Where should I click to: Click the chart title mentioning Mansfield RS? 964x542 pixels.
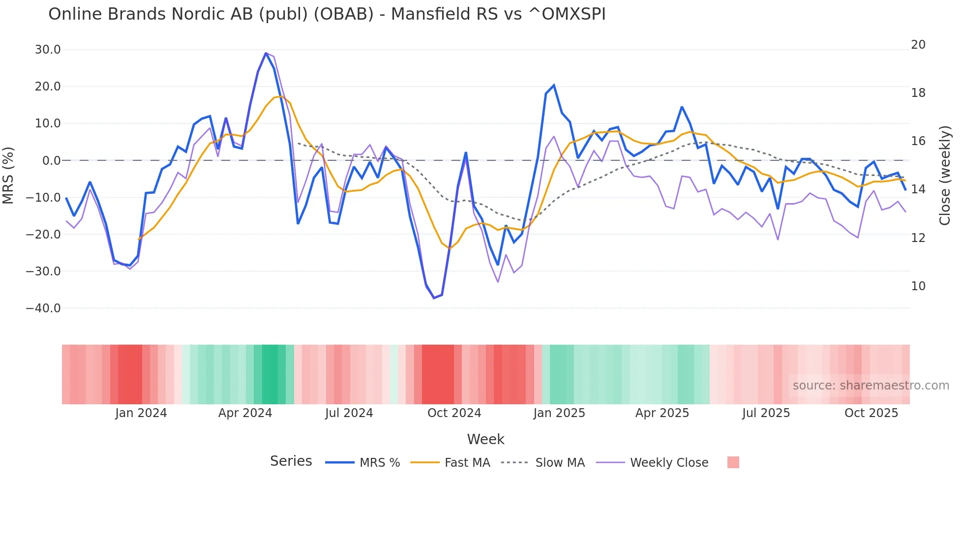click(x=327, y=14)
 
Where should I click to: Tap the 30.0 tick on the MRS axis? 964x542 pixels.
click(x=48, y=50)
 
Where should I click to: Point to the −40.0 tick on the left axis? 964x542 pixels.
click(x=43, y=308)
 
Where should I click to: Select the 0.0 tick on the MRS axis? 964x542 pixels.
click(x=51, y=161)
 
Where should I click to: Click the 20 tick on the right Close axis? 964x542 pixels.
click(x=918, y=45)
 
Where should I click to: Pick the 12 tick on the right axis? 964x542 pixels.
click(x=918, y=238)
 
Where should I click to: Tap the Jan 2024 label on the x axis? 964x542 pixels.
click(x=141, y=413)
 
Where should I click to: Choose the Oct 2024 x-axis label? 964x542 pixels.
click(x=454, y=413)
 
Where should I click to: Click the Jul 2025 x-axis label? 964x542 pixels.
click(x=766, y=413)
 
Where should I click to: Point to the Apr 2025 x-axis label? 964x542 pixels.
click(x=662, y=413)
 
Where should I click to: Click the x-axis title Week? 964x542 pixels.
click(x=485, y=439)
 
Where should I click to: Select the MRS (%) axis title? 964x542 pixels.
click(x=8, y=176)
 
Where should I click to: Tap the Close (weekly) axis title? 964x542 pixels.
click(x=944, y=176)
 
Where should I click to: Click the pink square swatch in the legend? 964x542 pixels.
click(x=733, y=462)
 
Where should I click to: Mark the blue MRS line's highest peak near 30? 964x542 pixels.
click(x=266, y=53)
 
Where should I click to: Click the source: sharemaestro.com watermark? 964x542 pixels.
click(x=871, y=386)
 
